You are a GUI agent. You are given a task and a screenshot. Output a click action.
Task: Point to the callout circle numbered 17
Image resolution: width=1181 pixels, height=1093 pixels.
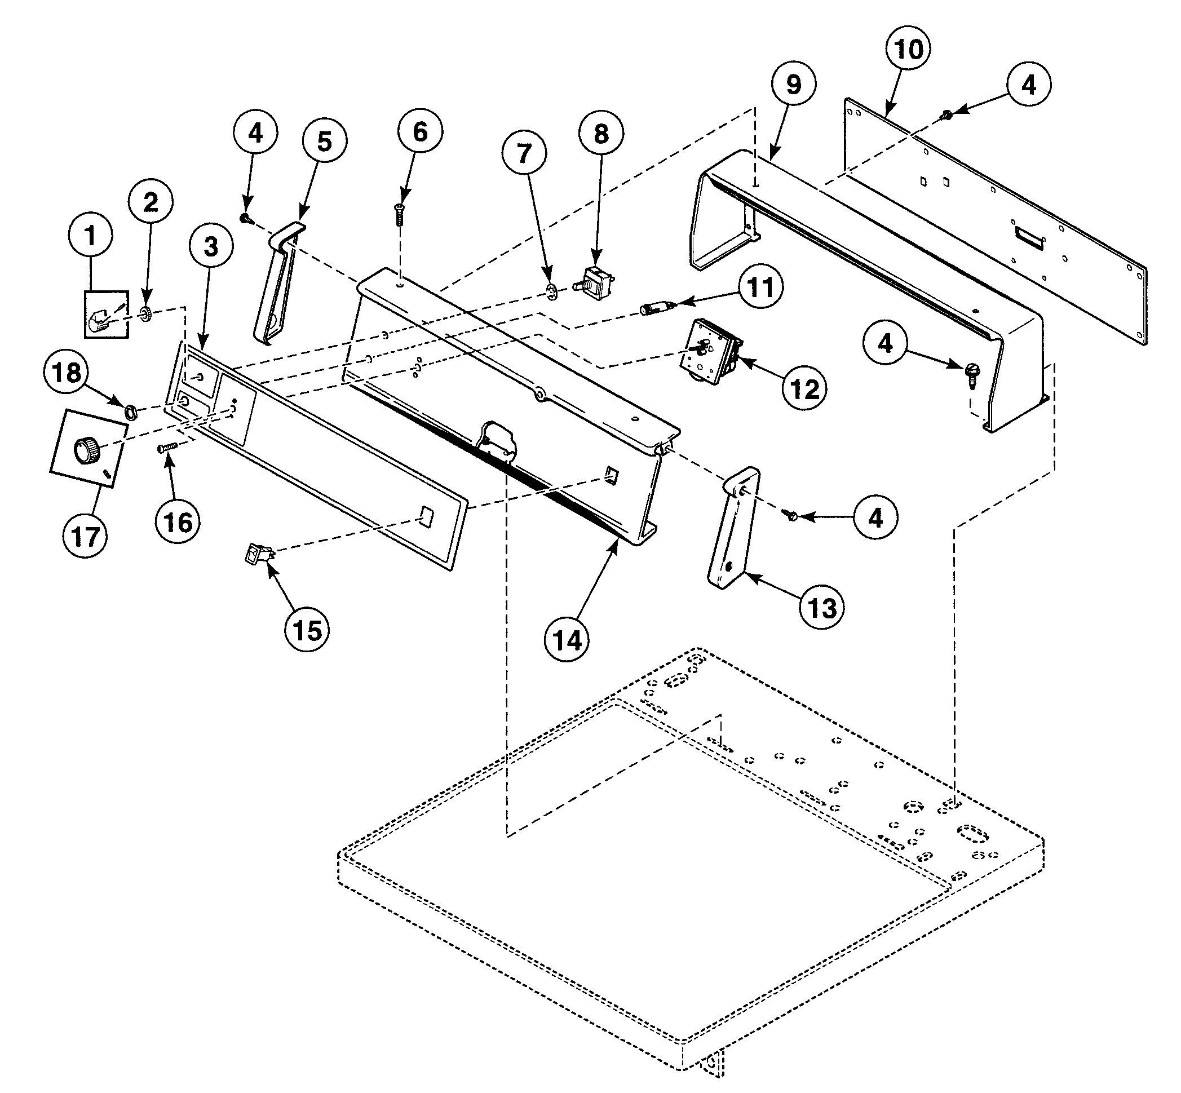[86, 536]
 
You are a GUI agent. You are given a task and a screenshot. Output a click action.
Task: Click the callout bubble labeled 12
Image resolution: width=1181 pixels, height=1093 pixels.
[804, 388]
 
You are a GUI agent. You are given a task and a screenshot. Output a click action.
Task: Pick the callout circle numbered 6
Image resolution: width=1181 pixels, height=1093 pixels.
[419, 131]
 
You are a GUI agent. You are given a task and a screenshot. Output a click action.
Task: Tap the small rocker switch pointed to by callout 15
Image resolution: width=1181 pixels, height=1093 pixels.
[258, 554]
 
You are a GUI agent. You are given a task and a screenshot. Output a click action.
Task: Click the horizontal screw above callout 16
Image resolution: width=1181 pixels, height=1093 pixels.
[166, 448]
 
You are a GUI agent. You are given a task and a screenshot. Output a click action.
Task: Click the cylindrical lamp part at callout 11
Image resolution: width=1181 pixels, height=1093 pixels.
[654, 308]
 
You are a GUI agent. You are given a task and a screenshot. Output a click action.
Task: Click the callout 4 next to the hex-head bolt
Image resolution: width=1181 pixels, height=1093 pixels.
[884, 343]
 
